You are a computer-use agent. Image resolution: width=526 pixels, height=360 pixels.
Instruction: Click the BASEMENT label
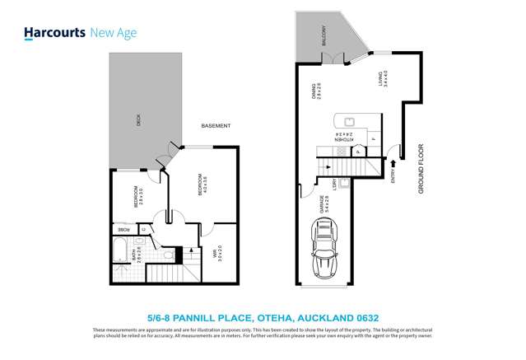tap(216, 126)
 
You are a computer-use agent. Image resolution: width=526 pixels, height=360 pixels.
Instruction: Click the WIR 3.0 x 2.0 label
tap(216, 255)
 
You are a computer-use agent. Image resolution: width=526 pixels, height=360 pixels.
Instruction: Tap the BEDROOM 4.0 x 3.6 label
tap(198, 185)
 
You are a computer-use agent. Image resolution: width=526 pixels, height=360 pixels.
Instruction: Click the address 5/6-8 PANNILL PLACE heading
tap(263, 316)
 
